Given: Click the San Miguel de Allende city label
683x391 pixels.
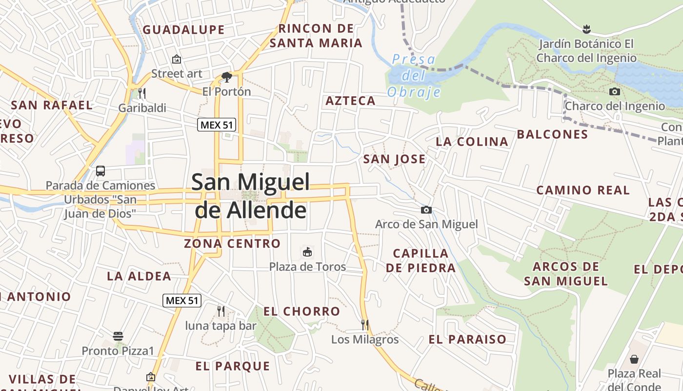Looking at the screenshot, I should coord(251,196).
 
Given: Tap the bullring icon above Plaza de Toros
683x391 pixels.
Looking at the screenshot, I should coord(307,252).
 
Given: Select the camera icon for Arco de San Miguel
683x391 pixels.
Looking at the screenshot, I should coord(426,210).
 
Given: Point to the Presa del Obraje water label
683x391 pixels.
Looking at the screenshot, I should coord(414,76).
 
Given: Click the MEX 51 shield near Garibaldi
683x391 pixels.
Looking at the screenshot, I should coord(217,125).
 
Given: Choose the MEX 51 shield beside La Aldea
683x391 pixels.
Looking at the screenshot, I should coord(182,300).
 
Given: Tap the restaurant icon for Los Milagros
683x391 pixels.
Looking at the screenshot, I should coord(364,324).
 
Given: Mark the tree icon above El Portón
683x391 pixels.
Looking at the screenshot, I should coord(226,77).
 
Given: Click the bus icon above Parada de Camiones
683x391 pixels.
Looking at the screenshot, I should coord(100,171).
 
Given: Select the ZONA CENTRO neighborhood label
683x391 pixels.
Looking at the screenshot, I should coord(232,243).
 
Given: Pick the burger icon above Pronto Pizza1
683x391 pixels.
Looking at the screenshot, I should coord(118,336).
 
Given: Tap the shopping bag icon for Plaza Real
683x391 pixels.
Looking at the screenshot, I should coord(634,359).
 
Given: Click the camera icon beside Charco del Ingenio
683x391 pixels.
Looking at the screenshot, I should coord(615,91).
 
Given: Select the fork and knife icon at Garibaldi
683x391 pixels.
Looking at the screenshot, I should coord(142,93).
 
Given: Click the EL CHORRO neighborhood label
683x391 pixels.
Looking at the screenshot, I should coord(301,311).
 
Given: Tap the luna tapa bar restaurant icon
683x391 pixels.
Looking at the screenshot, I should coord(221,311).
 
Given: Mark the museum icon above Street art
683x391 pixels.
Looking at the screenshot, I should coord(177,59).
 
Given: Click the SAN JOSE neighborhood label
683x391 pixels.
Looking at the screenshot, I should coord(394,159).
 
